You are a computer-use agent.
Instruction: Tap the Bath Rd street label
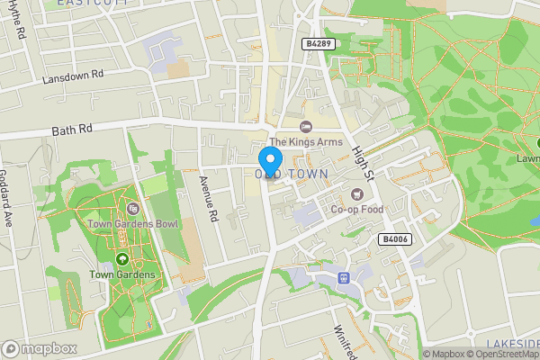click(73, 130)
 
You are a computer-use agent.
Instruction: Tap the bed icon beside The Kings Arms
click(305, 126)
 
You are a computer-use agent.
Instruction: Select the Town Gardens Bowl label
click(133, 223)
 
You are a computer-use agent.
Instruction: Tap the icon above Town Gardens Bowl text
click(133, 208)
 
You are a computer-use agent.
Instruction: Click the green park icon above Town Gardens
click(121, 258)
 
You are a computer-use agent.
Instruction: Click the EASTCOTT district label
click(90, 4)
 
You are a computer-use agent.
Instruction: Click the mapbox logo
click(40, 348)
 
